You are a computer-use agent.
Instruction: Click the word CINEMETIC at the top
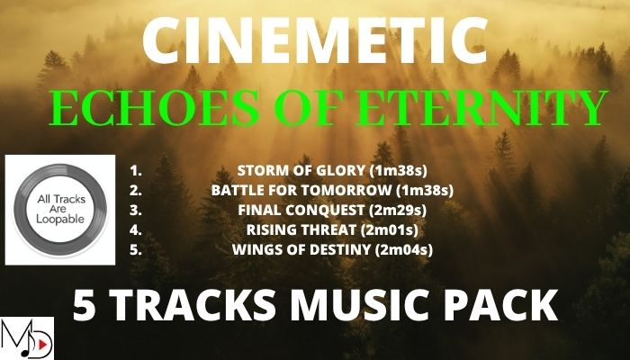click(315, 40)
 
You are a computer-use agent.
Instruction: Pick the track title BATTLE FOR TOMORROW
click(301, 191)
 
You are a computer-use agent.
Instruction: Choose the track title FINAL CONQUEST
click(301, 210)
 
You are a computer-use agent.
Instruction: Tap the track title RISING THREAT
click(301, 229)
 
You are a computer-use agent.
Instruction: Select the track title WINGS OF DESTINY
click(301, 249)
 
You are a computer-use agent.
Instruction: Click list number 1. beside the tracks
click(136, 171)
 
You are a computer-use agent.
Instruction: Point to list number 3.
click(136, 210)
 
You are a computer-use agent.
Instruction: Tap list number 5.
click(136, 249)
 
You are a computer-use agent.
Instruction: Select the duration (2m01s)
click(389, 230)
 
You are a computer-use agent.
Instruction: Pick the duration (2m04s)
click(404, 250)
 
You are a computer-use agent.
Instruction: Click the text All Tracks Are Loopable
click(60, 210)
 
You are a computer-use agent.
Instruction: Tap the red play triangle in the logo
click(42, 344)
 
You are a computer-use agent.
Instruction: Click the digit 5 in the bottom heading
click(84, 304)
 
